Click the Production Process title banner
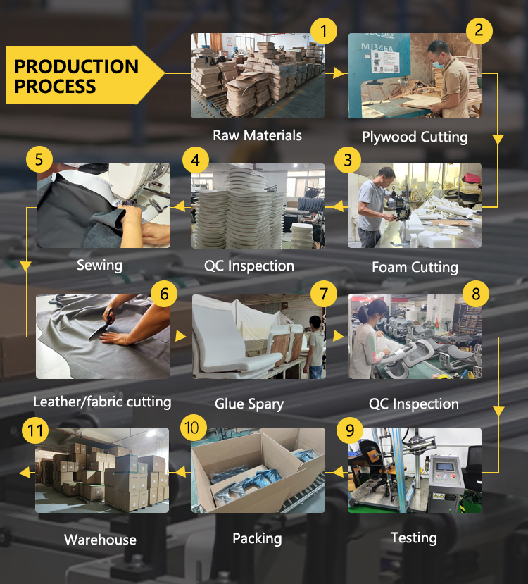[85, 75]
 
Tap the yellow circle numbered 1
[323, 31]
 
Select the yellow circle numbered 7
[323, 294]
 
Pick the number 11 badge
[35, 431]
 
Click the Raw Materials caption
[257, 135]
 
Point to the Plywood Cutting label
[415, 137]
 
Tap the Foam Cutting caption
[415, 268]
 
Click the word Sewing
[99, 265]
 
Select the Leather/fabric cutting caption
[102, 402]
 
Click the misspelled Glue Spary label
[249, 404]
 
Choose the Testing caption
[414, 538]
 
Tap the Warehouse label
[100, 540]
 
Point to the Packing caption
[257, 539]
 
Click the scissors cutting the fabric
[102, 323]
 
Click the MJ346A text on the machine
[377, 47]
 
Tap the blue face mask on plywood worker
[439, 64]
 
